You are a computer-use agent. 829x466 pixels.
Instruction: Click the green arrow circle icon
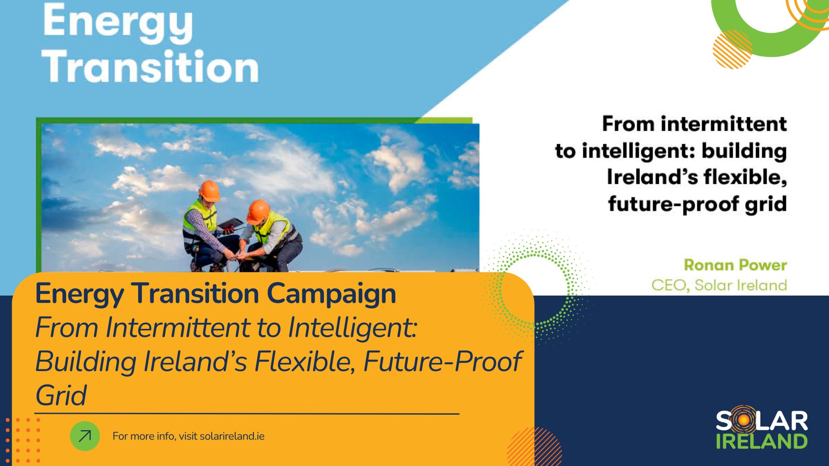coord(85,436)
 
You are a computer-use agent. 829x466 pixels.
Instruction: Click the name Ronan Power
coord(736,265)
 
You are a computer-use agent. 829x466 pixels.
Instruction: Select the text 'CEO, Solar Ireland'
coord(719,285)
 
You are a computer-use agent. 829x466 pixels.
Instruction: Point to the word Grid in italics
coord(61,395)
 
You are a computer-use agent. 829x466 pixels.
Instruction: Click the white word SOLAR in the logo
coord(762,421)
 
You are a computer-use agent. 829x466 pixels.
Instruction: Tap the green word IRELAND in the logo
coord(762,441)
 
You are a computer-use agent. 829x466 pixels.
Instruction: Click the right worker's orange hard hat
coord(258,211)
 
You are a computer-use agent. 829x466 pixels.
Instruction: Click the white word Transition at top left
coord(152,66)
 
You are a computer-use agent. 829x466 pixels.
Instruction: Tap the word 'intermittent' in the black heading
coord(724,124)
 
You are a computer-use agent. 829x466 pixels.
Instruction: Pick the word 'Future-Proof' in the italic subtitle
coord(443,362)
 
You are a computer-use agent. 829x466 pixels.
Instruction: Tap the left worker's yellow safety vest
coord(199,216)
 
